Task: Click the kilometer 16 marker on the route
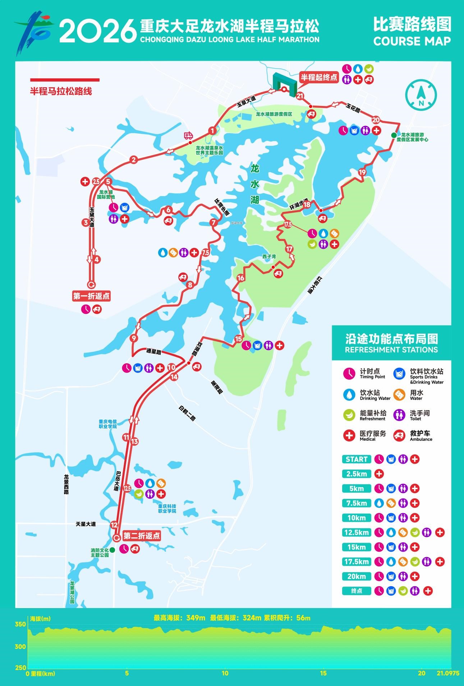240,278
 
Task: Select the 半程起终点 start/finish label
319,77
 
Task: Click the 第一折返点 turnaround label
91,296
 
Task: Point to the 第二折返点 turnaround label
141,536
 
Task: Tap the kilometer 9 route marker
134,338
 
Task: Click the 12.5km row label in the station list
356,532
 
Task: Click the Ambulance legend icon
399,436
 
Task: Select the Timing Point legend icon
349,374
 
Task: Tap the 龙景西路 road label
66,484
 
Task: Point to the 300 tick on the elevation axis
20,646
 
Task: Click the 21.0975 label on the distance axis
448,673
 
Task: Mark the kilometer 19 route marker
362,172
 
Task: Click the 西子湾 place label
269,256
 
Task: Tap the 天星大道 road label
86,524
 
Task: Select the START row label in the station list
356,459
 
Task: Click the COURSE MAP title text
412,41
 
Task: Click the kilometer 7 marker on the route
213,222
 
